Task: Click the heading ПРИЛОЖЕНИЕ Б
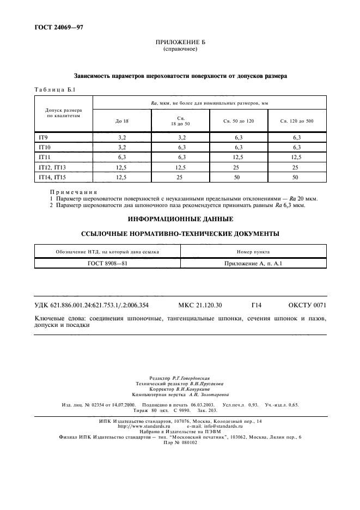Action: [x=180, y=42]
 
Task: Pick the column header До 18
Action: [x=122, y=121]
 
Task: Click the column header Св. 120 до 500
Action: [x=296, y=121]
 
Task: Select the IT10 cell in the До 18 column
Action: [x=122, y=147]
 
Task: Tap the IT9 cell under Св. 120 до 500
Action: [x=296, y=137]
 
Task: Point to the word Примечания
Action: [x=74, y=192]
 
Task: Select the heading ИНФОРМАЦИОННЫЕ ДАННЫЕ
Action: [x=180, y=220]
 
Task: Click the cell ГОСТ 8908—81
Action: [x=107, y=263]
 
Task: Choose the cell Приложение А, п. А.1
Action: [x=253, y=263]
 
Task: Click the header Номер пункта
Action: [x=253, y=252]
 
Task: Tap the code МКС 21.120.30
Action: [x=204, y=305]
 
